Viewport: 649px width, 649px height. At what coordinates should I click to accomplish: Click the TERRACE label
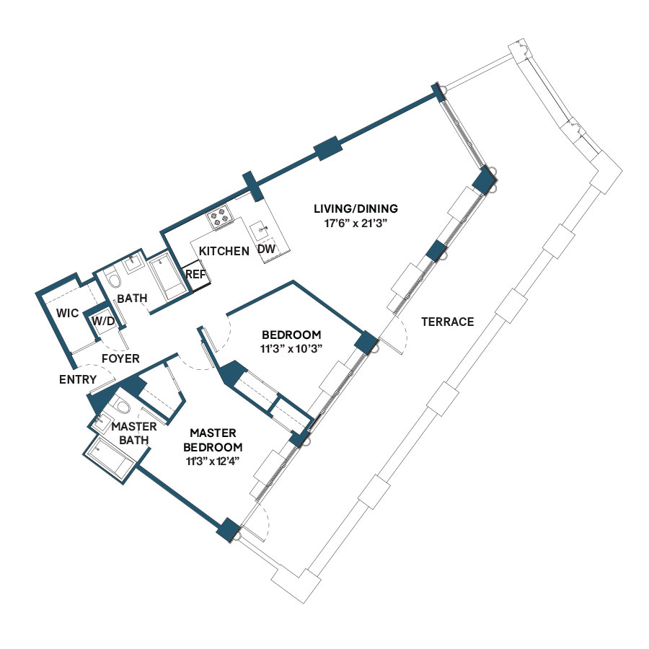click(447, 322)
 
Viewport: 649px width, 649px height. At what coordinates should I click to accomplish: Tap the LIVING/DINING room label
click(356, 208)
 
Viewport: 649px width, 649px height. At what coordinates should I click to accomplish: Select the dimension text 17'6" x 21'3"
click(356, 224)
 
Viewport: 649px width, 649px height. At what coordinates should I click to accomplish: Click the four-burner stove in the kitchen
click(219, 216)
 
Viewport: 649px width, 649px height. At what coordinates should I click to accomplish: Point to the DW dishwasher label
click(267, 250)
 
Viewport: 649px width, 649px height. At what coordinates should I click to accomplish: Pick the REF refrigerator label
click(195, 275)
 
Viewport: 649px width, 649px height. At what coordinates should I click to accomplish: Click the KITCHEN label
click(224, 251)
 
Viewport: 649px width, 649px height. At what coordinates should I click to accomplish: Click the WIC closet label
click(67, 313)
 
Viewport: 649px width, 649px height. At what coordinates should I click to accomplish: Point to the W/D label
click(103, 321)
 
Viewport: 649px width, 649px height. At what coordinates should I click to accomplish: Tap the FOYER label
click(120, 358)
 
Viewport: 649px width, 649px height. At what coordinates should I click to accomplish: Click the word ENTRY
click(78, 379)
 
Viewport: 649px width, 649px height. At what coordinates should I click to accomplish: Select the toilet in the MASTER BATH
click(121, 405)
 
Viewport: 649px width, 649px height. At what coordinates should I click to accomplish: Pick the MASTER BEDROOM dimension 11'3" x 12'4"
click(213, 461)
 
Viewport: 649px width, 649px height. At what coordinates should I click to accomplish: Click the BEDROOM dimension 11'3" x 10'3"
click(291, 349)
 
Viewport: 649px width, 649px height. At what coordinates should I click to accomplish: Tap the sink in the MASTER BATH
click(100, 422)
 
